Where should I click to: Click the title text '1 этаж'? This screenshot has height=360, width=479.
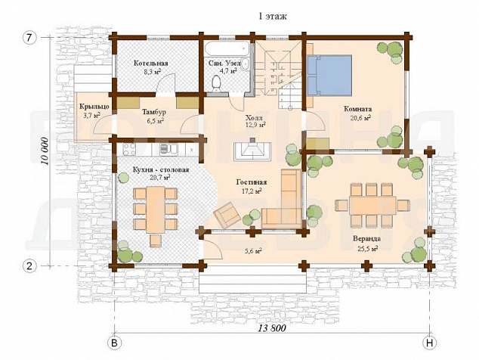point(273,17)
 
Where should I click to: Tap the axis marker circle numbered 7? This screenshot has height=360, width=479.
point(29,38)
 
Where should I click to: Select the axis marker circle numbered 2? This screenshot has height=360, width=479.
point(29,265)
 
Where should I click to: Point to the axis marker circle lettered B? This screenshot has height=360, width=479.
point(114,343)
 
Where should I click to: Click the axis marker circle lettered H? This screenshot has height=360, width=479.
point(429,343)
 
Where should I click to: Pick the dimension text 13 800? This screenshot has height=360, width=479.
point(272,328)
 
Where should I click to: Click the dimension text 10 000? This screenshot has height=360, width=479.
point(45,151)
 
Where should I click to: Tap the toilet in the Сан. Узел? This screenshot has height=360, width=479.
point(217,83)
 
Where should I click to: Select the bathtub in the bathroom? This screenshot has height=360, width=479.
point(227,48)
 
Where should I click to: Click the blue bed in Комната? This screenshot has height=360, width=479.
point(329,75)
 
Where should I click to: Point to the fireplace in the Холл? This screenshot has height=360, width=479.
point(252,151)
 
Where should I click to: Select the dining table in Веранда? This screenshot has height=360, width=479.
point(372,205)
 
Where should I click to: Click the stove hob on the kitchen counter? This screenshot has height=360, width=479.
point(129,150)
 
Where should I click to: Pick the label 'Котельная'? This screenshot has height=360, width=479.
point(151,64)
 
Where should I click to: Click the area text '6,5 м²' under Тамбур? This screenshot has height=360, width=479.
point(155,121)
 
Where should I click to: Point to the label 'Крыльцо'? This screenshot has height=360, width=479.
point(94,107)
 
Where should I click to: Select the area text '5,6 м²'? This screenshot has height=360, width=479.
point(252,251)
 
